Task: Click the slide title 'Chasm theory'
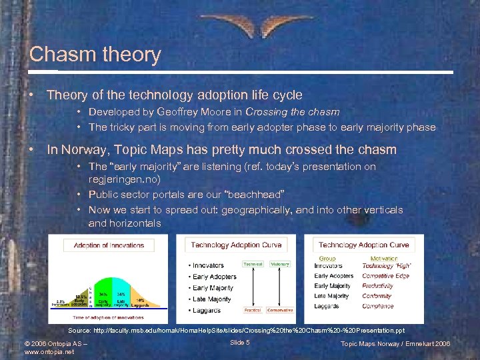point(95,55)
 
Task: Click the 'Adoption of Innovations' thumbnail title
point(109,245)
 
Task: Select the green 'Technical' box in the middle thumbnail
point(253,264)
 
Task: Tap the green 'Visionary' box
point(280,264)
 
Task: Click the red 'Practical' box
point(253,310)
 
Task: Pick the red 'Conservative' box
point(280,310)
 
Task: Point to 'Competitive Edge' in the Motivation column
point(386,276)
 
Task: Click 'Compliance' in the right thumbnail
point(377,307)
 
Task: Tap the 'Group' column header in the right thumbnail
point(327,259)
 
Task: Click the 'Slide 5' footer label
point(239,342)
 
